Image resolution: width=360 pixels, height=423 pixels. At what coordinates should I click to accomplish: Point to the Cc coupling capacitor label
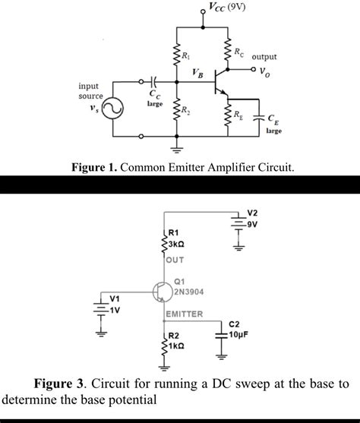[x=154, y=94]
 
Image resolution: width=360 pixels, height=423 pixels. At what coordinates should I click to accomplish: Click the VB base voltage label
[x=198, y=73]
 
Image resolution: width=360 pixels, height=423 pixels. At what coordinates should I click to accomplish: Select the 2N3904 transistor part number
[x=188, y=290]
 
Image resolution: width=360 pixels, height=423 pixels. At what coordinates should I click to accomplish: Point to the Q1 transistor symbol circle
[x=162, y=292]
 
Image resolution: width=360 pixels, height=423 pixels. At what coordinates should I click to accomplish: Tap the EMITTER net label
[x=183, y=314]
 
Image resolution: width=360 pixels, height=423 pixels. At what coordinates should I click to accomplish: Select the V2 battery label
[x=253, y=213]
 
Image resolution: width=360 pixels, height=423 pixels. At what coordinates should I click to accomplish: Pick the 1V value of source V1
[x=116, y=310]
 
